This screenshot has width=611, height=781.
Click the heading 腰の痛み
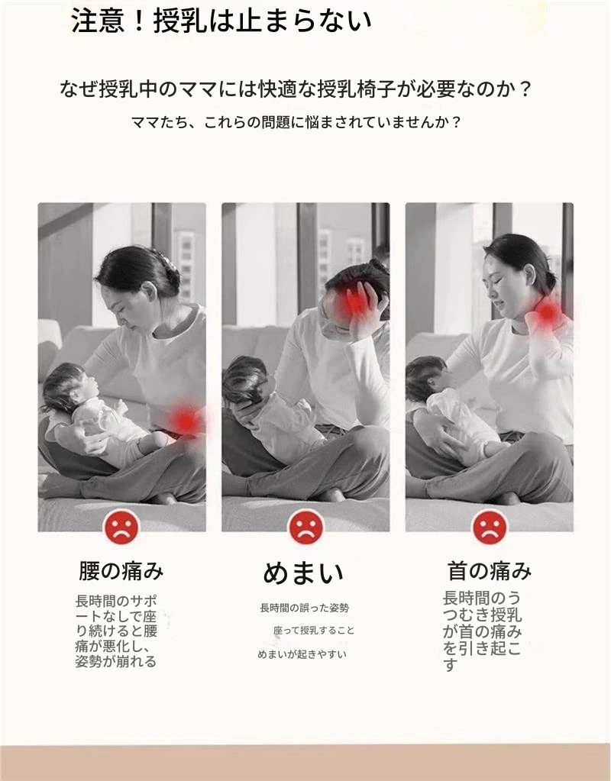121,571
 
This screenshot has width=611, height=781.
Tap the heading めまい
303,573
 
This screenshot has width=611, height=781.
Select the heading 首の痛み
490,571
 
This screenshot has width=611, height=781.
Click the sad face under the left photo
121,527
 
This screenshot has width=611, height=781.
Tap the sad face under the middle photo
305,527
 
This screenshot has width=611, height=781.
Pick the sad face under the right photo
490,527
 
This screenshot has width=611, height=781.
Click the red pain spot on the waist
186,420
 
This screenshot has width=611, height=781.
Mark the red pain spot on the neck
548,312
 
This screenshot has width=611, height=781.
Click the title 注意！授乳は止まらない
221,21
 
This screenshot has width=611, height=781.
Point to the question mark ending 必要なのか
524,89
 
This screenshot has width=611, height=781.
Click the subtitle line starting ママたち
296,122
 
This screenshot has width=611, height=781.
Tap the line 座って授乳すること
314,631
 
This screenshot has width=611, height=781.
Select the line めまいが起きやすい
302,654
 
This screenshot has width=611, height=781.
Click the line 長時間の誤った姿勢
304,608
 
